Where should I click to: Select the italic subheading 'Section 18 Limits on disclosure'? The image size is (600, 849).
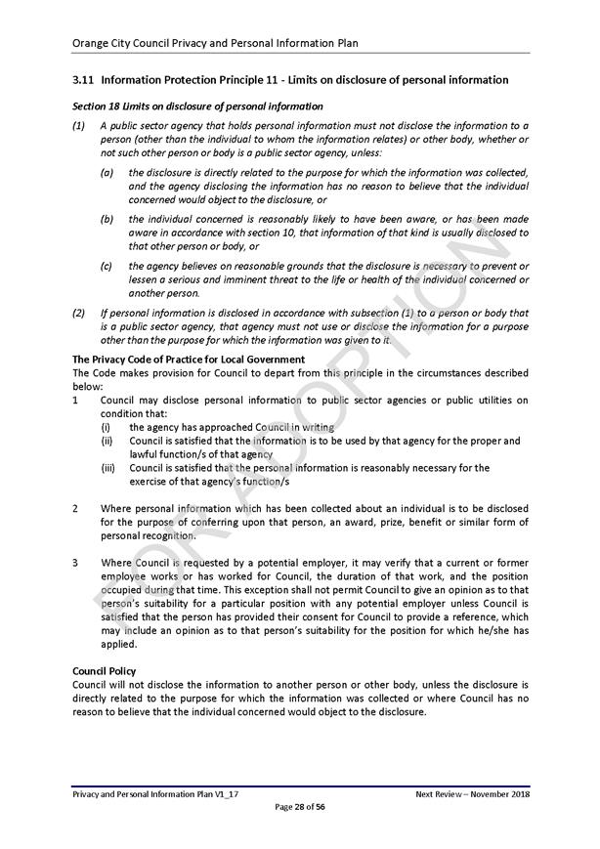pos(197,106)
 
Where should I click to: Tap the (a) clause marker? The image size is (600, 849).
pos(107,172)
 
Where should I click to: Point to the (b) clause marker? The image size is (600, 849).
pos(107,219)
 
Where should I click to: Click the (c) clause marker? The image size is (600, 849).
pos(107,266)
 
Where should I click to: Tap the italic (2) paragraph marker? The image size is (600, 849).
pos(79,313)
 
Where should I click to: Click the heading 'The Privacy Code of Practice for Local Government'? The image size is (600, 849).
pos(189,360)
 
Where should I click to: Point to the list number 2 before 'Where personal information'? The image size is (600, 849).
pos(76,509)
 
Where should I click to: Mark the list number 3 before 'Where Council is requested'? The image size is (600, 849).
pos(76,563)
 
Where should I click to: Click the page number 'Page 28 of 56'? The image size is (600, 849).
pos(300,806)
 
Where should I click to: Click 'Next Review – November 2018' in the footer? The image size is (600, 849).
pos(472,794)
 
